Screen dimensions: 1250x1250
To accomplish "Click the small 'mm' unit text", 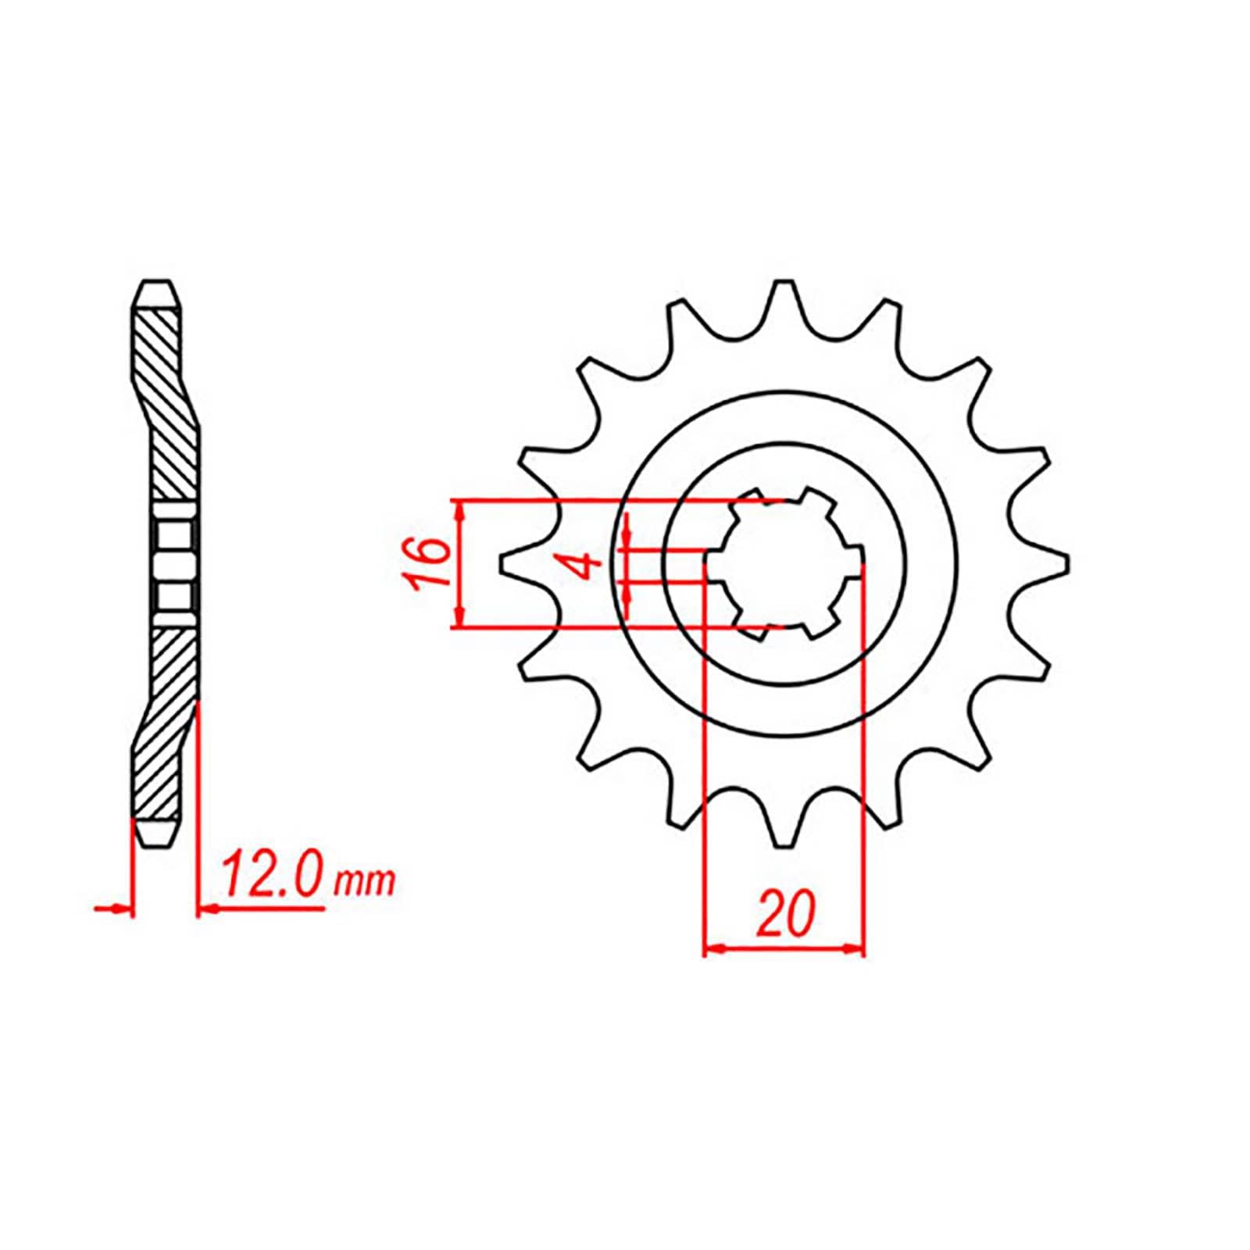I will [x=364, y=884].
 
